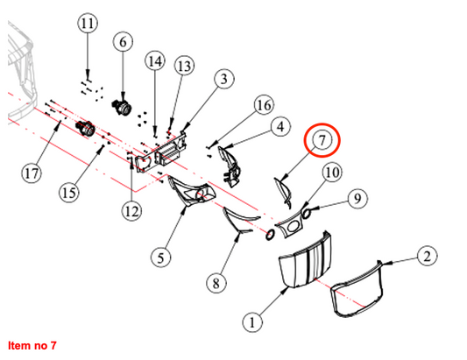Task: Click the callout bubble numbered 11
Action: coord(88,24)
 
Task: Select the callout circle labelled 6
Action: coord(123,42)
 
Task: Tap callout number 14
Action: coord(155,61)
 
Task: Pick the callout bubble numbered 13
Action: coord(184,66)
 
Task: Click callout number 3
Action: coord(223,79)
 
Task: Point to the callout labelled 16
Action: coord(264,105)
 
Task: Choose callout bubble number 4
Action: coord(280,126)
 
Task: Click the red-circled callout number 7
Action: coord(322,139)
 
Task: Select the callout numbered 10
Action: coord(332,173)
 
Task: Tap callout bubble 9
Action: coord(357,198)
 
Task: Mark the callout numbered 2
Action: coord(427,256)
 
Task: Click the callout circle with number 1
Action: coord(252,322)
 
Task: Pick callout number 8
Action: coord(216,283)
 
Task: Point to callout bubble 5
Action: coord(161,258)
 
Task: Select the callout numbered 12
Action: coord(131,211)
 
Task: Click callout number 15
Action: coord(69,193)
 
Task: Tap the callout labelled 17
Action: coord(32,173)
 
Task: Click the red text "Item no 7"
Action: coord(32,345)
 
